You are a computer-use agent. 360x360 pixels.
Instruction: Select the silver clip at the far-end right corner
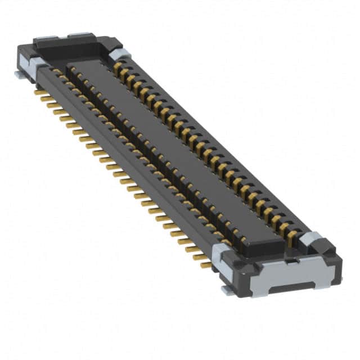pos(120,53)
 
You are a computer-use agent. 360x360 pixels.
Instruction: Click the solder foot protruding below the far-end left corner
pos(19,73)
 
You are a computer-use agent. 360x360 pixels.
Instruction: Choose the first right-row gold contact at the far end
pos(118,67)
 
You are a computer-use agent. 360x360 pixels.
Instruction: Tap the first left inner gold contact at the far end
pos(57,72)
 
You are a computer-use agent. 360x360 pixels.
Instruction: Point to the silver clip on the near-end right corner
pos(309,240)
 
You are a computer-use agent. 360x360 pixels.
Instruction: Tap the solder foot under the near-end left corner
pos(228,290)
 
